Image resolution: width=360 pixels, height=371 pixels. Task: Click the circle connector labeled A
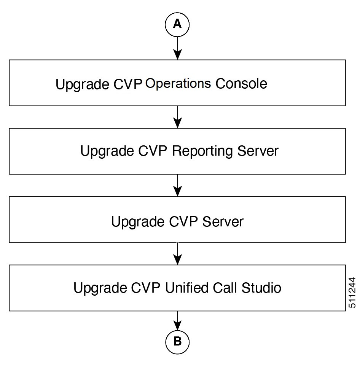coord(177,24)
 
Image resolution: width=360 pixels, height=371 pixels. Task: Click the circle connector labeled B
coord(177,341)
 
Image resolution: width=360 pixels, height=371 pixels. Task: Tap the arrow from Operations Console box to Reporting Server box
coord(177,117)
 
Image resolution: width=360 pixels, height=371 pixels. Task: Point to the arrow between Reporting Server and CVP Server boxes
coord(177,185)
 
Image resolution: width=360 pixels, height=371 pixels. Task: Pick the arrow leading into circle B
coord(177,320)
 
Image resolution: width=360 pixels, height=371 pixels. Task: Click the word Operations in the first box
coord(178,83)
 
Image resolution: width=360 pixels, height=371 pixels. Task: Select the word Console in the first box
coord(241,83)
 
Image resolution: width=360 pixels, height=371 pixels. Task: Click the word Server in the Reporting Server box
coord(258,151)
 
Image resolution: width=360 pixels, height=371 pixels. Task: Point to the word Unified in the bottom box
coord(186,288)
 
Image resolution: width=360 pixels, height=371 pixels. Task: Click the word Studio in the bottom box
coord(261,288)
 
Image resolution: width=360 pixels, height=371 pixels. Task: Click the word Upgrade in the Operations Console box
coord(81,84)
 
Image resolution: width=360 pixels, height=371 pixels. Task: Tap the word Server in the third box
coord(223,221)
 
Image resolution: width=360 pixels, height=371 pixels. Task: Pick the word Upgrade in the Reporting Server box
coord(106,151)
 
